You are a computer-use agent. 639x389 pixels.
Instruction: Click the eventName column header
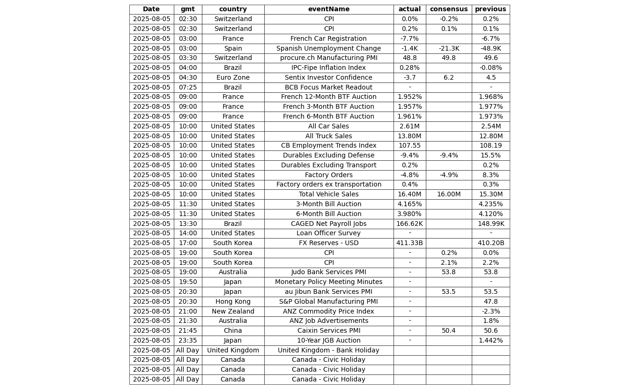point(328,9)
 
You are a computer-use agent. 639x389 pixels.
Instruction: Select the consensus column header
point(448,9)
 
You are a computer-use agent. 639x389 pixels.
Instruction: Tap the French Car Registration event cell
point(328,39)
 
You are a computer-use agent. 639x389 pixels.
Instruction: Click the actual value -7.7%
point(409,39)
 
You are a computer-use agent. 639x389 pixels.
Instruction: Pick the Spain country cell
point(233,48)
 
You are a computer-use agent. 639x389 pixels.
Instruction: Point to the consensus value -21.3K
point(448,48)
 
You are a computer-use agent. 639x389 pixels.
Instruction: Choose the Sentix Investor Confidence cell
point(328,78)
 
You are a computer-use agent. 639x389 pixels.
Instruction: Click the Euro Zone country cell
point(233,78)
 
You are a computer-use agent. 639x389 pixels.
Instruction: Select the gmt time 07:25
point(187,87)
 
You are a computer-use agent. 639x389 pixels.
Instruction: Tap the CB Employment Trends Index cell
point(328,146)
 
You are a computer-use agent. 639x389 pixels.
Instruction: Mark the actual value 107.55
point(409,146)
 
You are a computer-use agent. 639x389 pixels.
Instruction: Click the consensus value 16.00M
point(448,194)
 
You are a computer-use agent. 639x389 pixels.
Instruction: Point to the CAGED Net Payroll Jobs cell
point(328,224)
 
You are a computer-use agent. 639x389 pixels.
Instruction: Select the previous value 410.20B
point(490,243)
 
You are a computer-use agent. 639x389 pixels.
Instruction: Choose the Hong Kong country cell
point(233,302)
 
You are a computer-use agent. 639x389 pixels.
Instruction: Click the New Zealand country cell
point(233,311)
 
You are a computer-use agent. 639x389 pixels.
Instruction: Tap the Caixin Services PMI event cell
point(328,331)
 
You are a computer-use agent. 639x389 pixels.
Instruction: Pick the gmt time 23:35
point(187,341)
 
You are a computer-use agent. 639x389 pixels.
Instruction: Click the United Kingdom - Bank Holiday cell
point(328,351)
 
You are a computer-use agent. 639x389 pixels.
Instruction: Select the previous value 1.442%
point(490,341)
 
